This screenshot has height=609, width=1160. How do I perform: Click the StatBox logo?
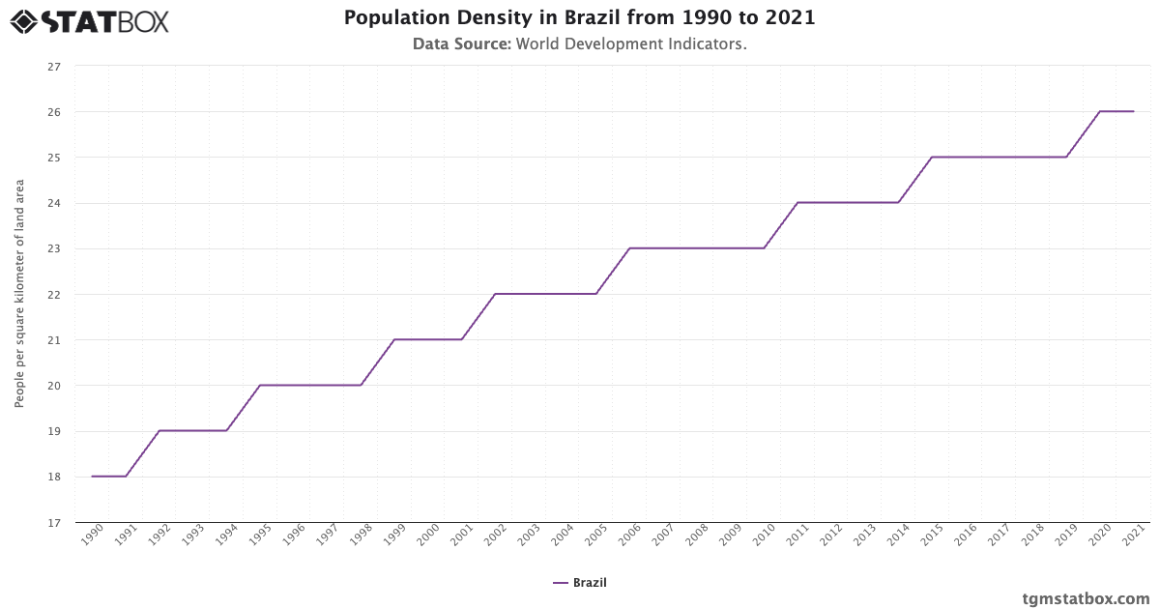coord(90,21)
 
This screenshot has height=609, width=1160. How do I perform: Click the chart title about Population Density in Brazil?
coord(579,18)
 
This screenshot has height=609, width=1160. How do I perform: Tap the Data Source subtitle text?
coord(579,43)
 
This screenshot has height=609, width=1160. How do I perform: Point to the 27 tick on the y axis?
coord(54,67)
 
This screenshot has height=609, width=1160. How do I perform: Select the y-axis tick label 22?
coord(54,295)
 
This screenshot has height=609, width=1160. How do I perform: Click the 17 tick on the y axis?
coord(54,523)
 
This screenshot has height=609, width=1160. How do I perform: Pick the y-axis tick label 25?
coord(54,158)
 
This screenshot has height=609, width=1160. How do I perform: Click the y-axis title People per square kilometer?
coord(19,294)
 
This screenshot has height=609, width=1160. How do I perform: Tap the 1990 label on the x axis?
coord(92,536)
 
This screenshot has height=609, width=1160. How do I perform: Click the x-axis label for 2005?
coord(596,536)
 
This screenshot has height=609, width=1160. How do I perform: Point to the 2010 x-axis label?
coord(765,536)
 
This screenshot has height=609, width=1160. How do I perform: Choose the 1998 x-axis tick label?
coord(361,536)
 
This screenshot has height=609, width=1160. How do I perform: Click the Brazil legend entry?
coord(580,583)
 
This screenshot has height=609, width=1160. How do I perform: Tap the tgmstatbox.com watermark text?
coord(1086,598)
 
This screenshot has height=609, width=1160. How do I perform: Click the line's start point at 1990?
coord(92,477)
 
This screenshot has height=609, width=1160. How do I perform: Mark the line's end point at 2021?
coord(1134,112)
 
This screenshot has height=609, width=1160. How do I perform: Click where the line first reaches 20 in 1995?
coord(260,386)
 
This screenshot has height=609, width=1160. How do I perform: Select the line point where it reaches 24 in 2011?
coord(797,203)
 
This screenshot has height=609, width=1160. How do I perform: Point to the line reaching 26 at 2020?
coord(1100,112)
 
